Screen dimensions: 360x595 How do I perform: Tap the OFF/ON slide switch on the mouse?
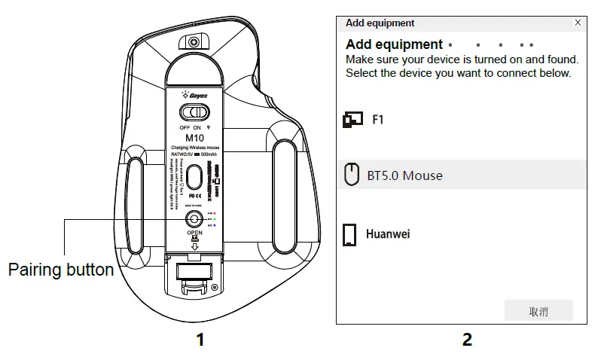195,112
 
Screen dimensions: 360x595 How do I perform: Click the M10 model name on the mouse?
195,137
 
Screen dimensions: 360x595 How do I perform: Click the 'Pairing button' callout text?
61,270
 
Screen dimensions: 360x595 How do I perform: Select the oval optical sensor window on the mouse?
195,178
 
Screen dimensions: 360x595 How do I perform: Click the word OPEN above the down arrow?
195,233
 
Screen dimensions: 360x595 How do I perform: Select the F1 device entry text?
379,119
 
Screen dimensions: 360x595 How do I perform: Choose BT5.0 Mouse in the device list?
404,175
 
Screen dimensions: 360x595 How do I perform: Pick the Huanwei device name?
388,234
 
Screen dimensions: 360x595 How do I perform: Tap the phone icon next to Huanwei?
349,235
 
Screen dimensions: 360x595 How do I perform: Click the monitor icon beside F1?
352,119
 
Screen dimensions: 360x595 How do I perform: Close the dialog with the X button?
578,23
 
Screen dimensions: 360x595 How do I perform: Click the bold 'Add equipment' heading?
394,44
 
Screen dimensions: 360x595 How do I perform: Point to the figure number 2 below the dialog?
467,340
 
